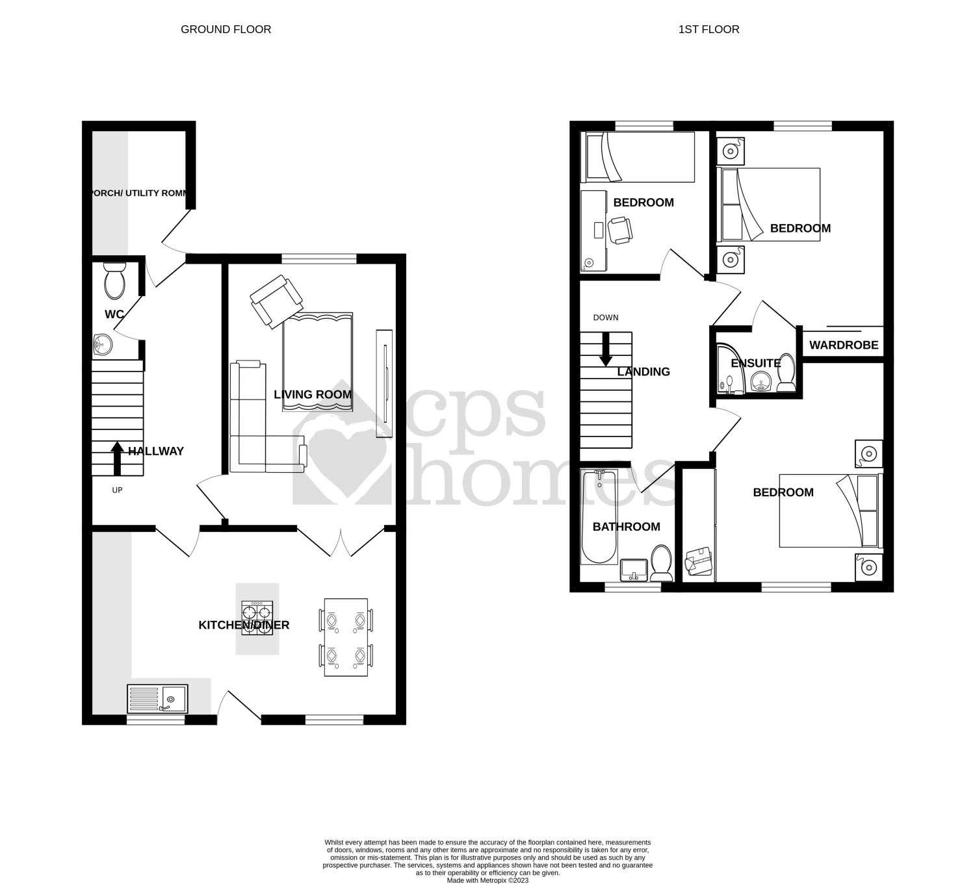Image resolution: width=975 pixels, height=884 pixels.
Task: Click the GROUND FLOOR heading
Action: pyautogui.click(x=226, y=29)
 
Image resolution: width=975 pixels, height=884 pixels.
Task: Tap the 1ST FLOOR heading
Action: pyautogui.click(x=708, y=29)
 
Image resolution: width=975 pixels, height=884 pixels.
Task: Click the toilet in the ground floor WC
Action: pyautogui.click(x=114, y=280)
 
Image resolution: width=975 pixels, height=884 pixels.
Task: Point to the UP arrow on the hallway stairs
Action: pyautogui.click(x=117, y=459)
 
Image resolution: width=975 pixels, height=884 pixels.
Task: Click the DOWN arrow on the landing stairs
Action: pyautogui.click(x=606, y=349)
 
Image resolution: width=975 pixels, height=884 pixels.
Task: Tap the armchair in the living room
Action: pyautogui.click(x=277, y=301)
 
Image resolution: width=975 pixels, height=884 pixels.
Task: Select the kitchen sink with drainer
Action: pyautogui.click(x=158, y=699)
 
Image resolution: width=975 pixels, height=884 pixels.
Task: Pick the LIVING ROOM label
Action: pyautogui.click(x=313, y=394)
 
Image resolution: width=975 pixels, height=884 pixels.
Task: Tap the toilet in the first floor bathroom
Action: pyautogui.click(x=662, y=562)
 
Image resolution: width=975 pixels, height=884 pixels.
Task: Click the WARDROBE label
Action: pyautogui.click(x=844, y=345)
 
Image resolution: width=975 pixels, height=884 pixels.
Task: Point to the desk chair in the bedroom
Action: pyautogui.click(x=620, y=231)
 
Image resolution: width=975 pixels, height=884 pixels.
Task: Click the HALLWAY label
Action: pyautogui.click(x=156, y=451)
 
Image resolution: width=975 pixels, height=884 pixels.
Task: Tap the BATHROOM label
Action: pyautogui.click(x=626, y=527)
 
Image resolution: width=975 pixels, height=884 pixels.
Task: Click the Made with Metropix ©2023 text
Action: pyautogui.click(x=487, y=881)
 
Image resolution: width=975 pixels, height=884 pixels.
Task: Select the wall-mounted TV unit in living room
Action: pyautogui.click(x=384, y=383)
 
